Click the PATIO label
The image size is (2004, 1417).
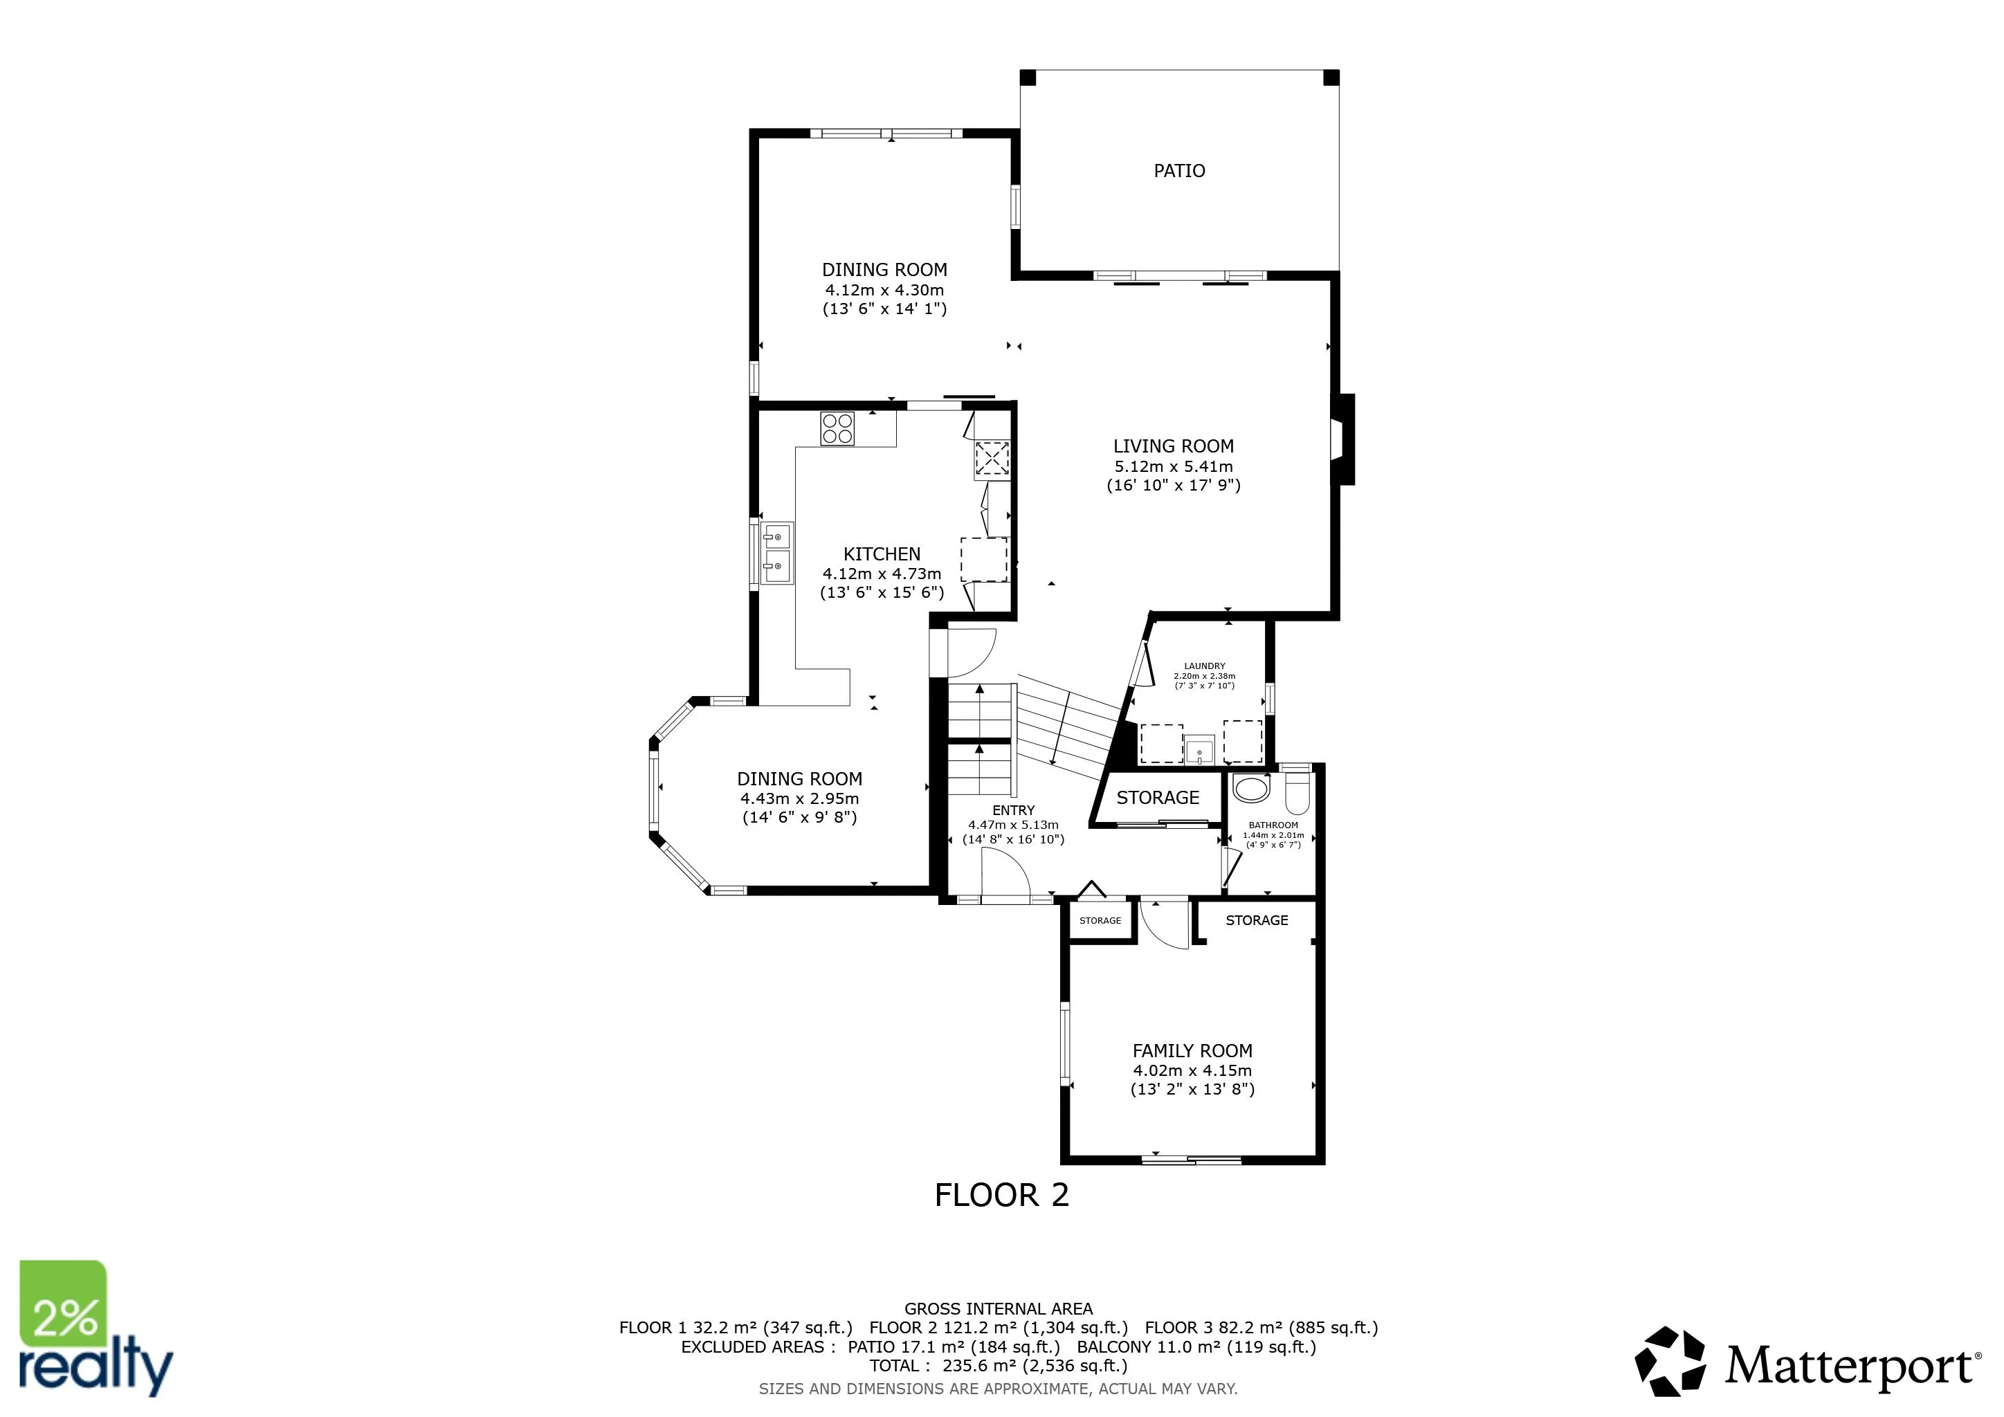[1179, 171]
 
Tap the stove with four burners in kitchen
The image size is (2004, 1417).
[837, 428]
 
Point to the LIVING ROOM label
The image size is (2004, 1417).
[1173, 446]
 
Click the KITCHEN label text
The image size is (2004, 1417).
[882, 554]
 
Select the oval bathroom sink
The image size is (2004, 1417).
[1250, 789]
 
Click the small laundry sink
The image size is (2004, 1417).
[1199, 749]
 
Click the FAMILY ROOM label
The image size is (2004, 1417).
[1192, 1050]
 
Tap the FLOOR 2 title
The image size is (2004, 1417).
[1001, 1194]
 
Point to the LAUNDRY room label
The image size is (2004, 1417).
[1205, 666]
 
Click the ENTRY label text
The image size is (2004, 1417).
[1013, 810]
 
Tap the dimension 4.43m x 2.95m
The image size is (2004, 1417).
[799, 798]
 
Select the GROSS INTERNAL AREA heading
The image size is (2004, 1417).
[999, 1309]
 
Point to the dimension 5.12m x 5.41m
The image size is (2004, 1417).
[1173, 466]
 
